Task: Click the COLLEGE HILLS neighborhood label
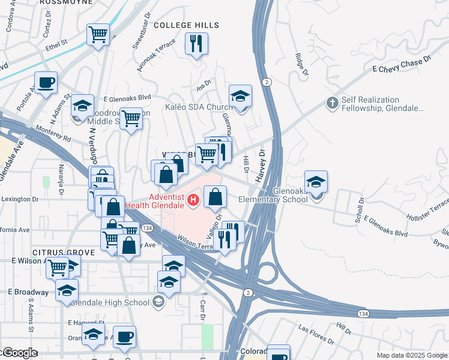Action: click(x=187, y=25)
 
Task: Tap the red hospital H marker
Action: click(x=193, y=200)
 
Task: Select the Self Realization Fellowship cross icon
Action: click(x=331, y=103)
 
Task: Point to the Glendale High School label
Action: click(x=112, y=302)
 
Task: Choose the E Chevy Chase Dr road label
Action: click(x=402, y=65)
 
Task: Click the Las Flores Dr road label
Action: click(x=316, y=335)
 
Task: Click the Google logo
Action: click(x=19, y=353)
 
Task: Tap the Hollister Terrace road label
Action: click(x=427, y=212)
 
